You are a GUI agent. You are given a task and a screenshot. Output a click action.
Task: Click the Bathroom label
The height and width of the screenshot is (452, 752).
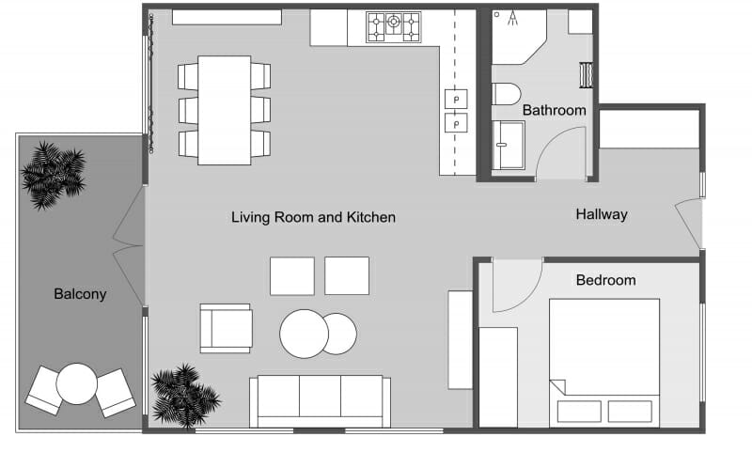(x=554, y=110)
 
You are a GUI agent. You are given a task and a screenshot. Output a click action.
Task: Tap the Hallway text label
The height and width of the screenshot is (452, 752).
(x=601, y=214)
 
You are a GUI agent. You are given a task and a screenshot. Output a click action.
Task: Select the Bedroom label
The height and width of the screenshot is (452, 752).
(x=605, y=280)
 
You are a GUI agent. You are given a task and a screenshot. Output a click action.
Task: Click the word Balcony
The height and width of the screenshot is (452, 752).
(x=80, y=294)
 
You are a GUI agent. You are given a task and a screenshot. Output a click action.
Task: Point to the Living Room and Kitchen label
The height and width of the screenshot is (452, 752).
(x=313, y=217)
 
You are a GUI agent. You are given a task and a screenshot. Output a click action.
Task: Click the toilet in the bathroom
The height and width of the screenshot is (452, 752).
(x=506, y=95)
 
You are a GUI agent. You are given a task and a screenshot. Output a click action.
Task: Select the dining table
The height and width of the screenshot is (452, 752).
(x=224, y=109)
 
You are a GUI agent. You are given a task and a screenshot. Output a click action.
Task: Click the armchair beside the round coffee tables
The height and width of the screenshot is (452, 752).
(x=227, y=328)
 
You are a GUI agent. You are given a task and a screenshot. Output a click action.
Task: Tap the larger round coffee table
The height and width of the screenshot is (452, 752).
(x=304, y=334)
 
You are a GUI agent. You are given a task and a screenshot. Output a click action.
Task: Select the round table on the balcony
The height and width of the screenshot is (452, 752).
(x=77, y=384)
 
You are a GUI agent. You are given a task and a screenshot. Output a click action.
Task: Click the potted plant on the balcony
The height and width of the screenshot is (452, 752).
(x=54, y=174)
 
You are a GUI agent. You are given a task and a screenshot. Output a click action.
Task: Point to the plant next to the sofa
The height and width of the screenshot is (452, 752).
(x=184, y=394)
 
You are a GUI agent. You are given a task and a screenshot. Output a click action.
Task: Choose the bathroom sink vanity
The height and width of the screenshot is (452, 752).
(x=509, y=146)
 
